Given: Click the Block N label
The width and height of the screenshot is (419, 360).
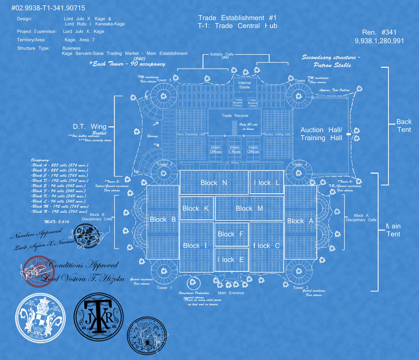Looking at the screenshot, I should pos(214,183).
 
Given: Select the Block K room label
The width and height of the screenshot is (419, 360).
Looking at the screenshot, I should pos(196,208).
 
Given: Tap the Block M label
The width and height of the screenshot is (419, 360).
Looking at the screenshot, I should pos(249,208).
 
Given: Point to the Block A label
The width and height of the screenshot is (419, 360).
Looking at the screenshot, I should pos(300,221).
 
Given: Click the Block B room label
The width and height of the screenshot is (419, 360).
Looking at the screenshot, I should pos(163,220).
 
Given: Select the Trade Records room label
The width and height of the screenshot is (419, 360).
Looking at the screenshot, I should pos(235,116).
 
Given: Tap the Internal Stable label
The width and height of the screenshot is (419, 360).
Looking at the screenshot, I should pos(244,85).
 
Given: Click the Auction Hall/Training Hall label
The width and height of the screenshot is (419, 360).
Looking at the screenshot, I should pos(321,134).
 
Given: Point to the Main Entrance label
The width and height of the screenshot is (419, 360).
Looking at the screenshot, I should pos(231,293).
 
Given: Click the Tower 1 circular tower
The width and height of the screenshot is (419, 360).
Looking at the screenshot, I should pos(164,271).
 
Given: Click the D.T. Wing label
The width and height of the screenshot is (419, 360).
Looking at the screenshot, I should pos(90,126).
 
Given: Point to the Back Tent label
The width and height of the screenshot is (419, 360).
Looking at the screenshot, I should pos(404,126).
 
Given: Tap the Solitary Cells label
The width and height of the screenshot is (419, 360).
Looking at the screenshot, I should pos(222,54).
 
